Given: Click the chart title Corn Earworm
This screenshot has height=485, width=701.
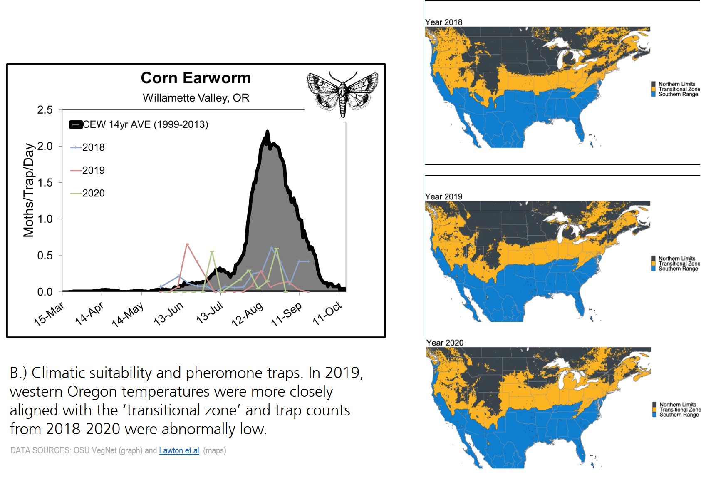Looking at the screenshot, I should (196, 78).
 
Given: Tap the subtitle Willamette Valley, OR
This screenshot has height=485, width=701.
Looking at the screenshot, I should (196, 98).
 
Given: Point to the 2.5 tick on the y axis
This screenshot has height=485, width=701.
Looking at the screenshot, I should (45, 110).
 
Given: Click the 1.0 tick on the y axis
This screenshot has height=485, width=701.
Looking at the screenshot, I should (45, 219).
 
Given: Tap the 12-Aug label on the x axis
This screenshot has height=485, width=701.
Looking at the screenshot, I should (248, 314).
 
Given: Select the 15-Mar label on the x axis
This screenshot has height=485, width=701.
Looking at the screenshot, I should (49, 314).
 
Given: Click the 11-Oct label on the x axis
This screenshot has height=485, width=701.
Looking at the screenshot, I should (327, 313).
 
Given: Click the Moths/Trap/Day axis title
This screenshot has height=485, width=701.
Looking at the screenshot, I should (28, 190).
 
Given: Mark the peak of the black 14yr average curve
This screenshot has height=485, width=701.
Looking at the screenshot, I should (267, 132).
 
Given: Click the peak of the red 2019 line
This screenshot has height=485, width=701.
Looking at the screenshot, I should (187, 244).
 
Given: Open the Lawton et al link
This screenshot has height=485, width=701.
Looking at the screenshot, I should (179, 450).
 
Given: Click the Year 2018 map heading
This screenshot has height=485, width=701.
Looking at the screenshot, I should (443, 22).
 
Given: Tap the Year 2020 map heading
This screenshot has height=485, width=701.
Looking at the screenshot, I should (445, 343).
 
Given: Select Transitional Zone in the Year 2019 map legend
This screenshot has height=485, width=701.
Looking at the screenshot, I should (679, 264).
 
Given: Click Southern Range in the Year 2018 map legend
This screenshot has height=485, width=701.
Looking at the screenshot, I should (678, 94).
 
